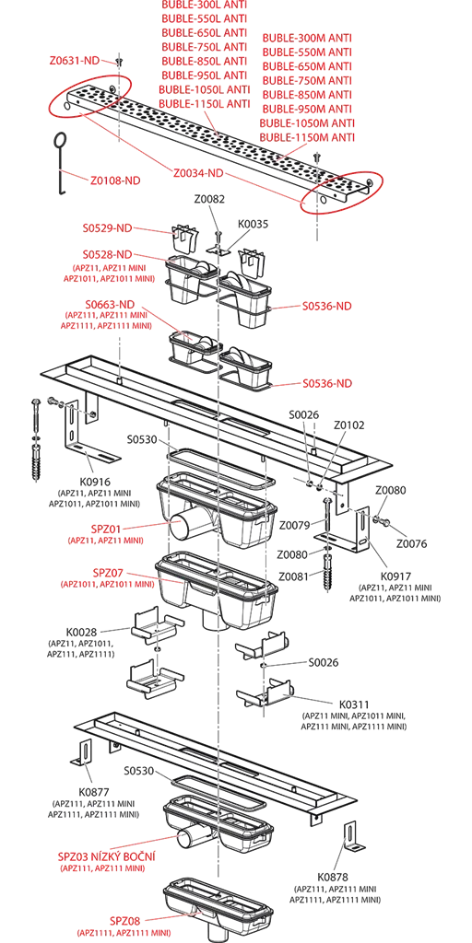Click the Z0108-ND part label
coord(115,180)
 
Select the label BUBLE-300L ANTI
coord(204,5)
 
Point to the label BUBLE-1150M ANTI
coord(307,137)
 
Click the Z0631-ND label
coord(75,60)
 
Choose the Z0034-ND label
coord(198,173)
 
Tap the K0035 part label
coord(254,224)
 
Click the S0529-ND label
coord(107,228)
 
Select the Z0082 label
coord(209,200)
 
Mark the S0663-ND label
coord(107,304)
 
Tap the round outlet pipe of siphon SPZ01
coord(180,528)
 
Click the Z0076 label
coord(411,543)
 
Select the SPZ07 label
coord(107,573)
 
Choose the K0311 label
coord(354,704)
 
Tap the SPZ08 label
coord(124,921)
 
